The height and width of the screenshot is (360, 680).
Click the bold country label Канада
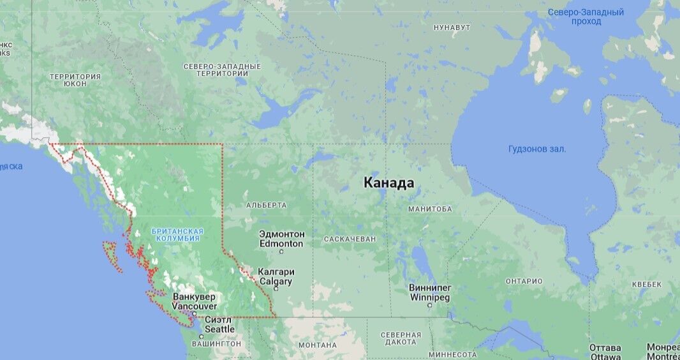click(388, 183)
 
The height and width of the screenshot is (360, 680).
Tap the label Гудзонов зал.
click(537, 149)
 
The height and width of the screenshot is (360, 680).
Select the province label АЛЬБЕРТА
click(266, 206)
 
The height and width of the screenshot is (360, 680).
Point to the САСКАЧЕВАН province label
click(350, 239)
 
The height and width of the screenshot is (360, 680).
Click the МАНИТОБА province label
click(430, 209)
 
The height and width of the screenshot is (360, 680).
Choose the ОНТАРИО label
click(524, 281)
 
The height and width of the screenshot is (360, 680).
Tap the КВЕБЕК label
click(647, 284)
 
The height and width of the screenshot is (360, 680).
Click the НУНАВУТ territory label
click(452, 27)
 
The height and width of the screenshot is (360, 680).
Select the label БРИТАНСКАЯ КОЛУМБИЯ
click(177, 234)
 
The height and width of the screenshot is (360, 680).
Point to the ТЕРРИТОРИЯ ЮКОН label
click(75, 80)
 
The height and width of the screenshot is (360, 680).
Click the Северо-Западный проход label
click(586, 17)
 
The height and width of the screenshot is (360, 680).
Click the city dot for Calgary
click(276, 289)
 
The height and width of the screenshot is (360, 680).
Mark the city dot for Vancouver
click(194, 313)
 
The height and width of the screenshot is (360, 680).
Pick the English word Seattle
click(219, 329)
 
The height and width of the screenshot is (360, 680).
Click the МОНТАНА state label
click(317, 345)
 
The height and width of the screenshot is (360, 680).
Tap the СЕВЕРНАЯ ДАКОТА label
click(401, 338)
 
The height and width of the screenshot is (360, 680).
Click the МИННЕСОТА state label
click(452, 355)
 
